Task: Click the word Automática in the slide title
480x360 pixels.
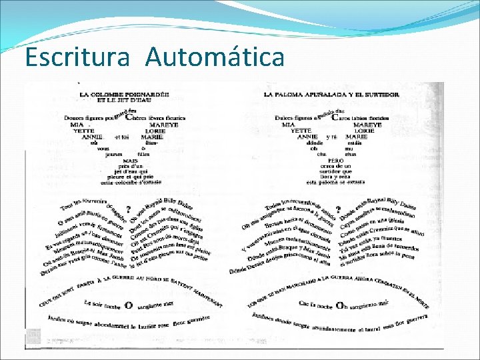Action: pyautogui.click(x=214, y=57)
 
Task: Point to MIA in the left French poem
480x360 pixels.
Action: pyautogui.click(x=77, y=125)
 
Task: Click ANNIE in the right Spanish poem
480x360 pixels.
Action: pyautogui.click(x=307, y=137)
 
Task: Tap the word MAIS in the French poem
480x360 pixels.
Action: pyautogui.click(x=129, y=161)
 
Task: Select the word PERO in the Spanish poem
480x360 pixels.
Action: pyautogui.click(x=335, y=161)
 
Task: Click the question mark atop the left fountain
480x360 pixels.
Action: pyautogui.click(x=129, y=209)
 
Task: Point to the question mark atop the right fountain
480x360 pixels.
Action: pyautogui.click(x=339, y=209)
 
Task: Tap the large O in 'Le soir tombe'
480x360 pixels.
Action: pyautogui.click(x=129, y=305)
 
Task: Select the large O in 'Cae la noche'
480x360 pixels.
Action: pyautogui.click(x=340, y=305)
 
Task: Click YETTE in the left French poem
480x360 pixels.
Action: pyautogui.click(x=83, y=131)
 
